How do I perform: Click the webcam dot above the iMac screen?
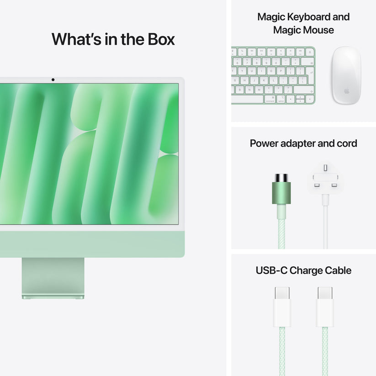pyautogui.click(x=53, y=80)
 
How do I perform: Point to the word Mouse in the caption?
pyautogui.click(x=318, y=30)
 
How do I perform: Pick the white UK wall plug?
pyautogui.click(x=326, y=179)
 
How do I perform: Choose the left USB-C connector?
pyautogui.click(x=282, y=306)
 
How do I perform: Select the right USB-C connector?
pyautogui.click(x=325, y=306)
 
